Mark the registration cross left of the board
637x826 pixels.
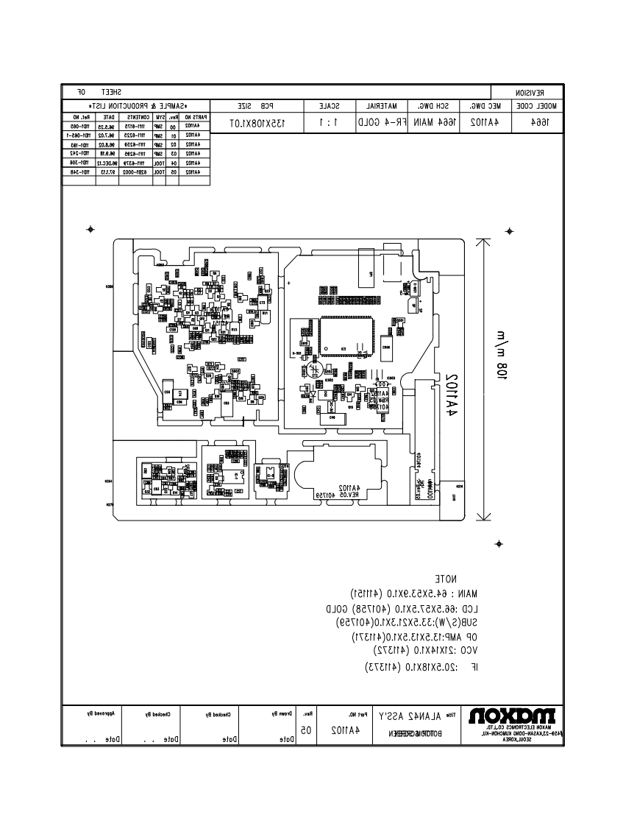pos(90,229)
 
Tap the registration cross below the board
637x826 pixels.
pos(499,543)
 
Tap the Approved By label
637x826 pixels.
pos(96,713)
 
